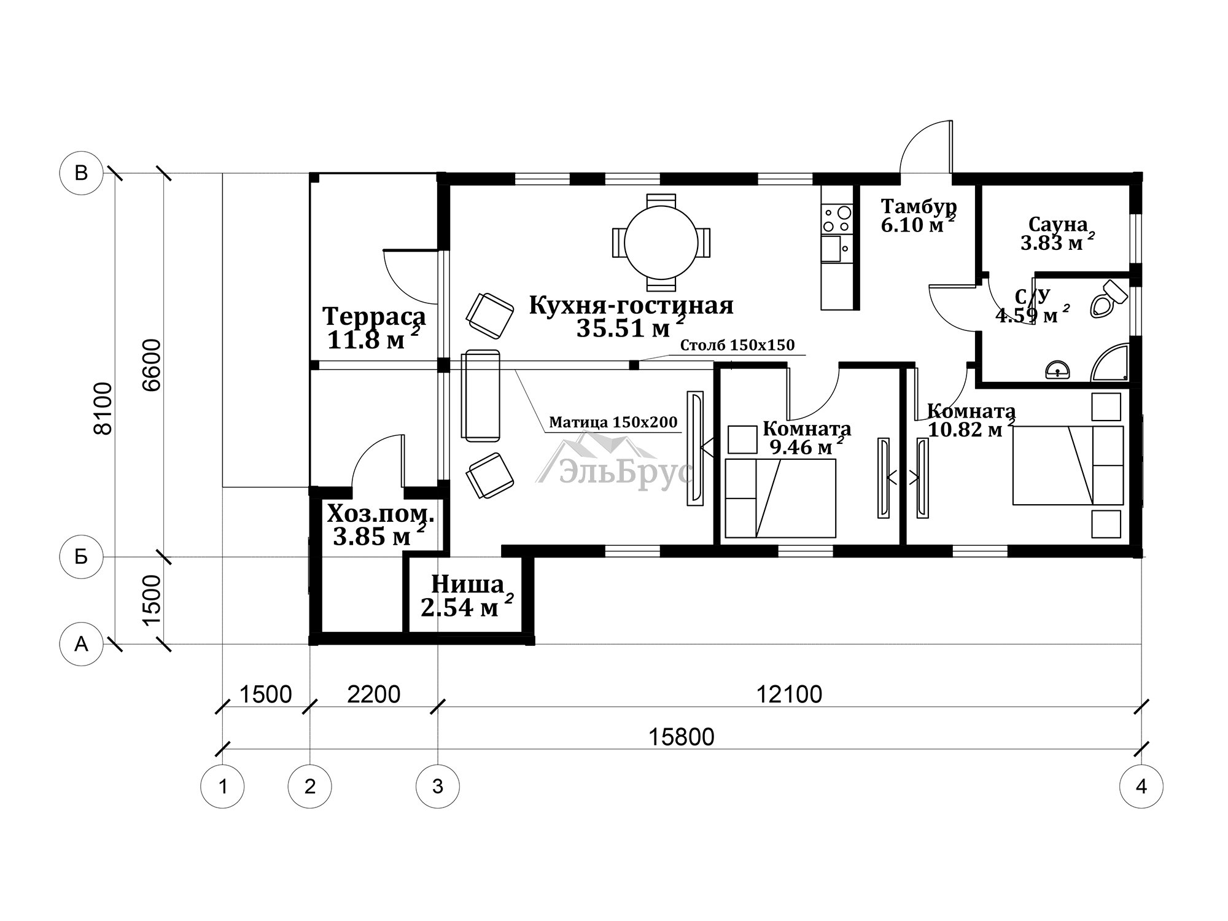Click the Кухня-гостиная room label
[631, 305]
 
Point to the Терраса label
[375, 317]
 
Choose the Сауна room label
[1058, 224]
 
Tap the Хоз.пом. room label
[381, 513]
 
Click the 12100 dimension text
[789, 694]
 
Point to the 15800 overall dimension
[682, 736]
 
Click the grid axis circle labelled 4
[1141, 786]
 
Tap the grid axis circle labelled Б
[81, 557]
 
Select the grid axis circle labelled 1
[223, 786]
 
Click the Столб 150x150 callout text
[737, 345]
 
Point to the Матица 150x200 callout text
[613, 422]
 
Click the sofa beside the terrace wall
[481, 395]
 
